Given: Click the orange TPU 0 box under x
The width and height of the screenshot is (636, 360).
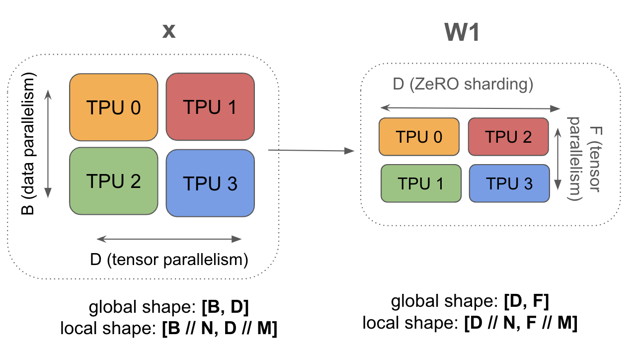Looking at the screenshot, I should tap(113, 107).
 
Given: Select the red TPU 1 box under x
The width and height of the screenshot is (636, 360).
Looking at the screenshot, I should tap(210, 106).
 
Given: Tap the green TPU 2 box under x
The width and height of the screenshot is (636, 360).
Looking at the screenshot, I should tap(113, 181).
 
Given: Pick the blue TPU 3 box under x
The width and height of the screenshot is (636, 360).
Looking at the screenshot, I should tap(210, 183).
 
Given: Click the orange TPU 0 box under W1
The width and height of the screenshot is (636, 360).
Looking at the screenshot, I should tap(419, 137).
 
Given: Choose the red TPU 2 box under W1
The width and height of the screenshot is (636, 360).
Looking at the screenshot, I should tap(508, 137).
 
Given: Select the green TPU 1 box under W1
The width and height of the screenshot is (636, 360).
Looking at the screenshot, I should tap(421, 183).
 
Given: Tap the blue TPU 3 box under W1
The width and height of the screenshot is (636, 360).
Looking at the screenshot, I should tap(509, 183).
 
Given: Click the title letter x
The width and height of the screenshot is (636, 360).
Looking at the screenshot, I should tap(169, 31).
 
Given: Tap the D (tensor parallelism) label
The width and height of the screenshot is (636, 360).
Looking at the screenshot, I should tap(169, 260).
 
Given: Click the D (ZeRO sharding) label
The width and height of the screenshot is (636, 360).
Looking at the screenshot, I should tap(463, 85).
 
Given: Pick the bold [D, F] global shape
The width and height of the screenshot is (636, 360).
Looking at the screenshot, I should tap(526, 301).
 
